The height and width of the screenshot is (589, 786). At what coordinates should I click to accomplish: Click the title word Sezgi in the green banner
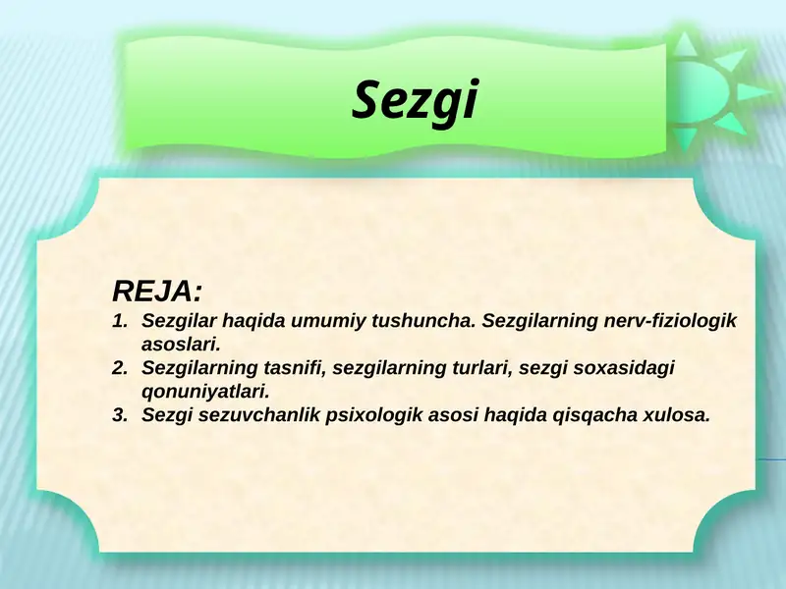coord(415,100)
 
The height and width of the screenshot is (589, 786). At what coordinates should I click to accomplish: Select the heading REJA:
coord(158,291)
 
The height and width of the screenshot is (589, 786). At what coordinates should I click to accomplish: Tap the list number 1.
coord(120,321)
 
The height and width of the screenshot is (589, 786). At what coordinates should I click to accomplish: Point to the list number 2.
coord(120,368)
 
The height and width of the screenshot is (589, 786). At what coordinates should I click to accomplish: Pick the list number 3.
coord(120,415)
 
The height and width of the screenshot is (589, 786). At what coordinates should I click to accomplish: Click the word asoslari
coord(178,345)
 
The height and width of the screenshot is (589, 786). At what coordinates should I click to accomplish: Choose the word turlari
coord(478,368)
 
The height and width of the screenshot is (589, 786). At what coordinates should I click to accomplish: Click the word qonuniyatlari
coord(204,392)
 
